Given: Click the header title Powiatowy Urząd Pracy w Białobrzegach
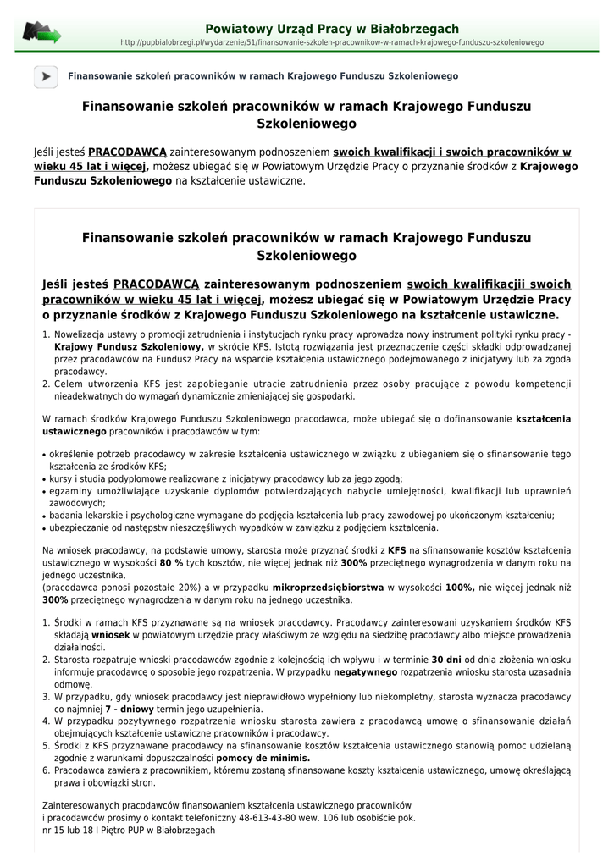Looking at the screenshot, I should coord(332,29).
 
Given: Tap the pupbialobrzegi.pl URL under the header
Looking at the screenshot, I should coord(332,42).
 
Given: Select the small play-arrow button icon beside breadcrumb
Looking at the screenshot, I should coord(46,76).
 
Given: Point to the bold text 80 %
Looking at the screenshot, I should coord(172,561).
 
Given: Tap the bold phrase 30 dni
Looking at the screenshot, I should coord(446,659).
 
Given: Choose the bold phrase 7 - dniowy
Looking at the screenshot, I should coord(132,709).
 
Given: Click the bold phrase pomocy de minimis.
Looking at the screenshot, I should coord(263,758).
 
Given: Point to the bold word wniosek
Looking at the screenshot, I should coord(110,634).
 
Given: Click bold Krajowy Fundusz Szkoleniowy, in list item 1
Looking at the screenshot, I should coord(129,347).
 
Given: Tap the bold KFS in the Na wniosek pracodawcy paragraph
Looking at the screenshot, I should coord(398,549).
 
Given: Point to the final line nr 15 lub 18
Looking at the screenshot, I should coord(129,831).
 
